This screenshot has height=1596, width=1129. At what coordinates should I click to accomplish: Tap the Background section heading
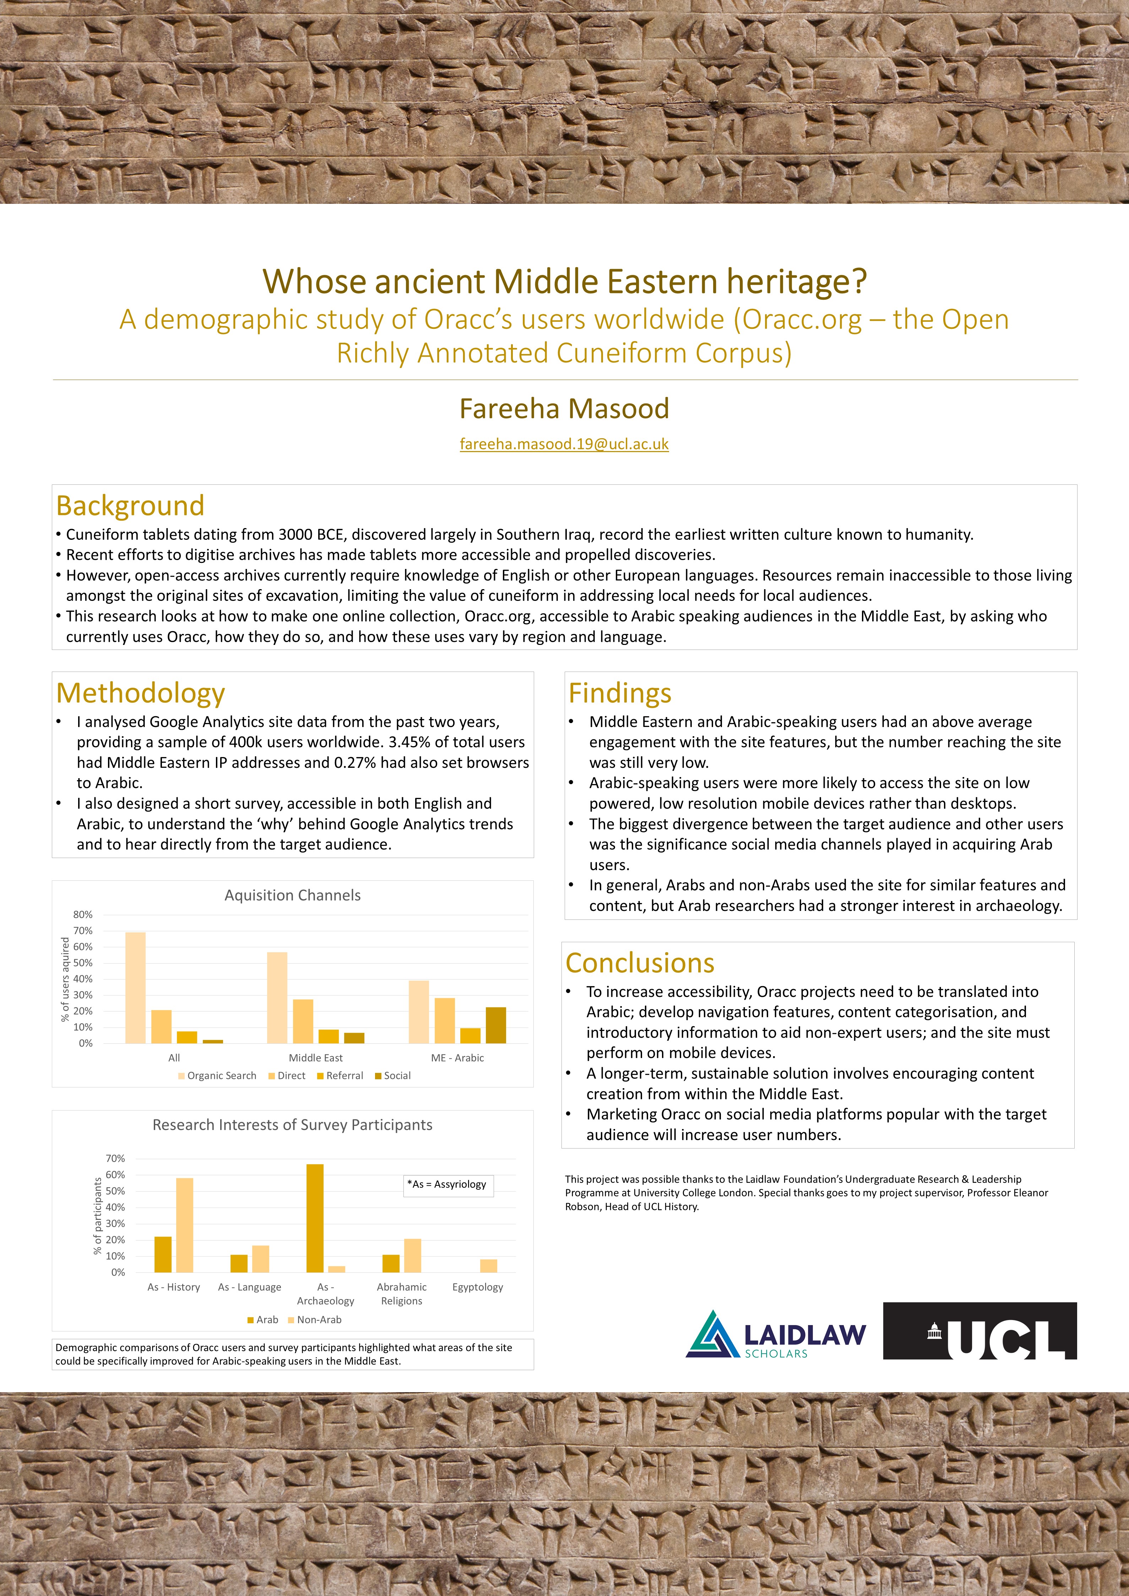pos(130,505)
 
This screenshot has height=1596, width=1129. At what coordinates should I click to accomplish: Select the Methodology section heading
pos(140,693)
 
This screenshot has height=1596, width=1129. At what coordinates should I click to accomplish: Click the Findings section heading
pos(619,693)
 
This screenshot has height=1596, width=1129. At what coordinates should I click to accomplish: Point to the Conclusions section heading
pos(640,963)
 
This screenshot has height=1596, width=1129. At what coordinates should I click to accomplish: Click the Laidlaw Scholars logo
pos(776,1334)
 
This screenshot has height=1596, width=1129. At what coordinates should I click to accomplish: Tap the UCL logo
pos(979,1331)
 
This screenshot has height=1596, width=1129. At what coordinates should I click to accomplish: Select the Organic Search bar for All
pos(136,988)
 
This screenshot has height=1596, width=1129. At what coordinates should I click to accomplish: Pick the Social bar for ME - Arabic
pos(496,1025)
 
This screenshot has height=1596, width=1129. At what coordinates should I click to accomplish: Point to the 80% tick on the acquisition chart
pos(83,915)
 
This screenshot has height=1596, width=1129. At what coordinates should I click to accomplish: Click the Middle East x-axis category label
pos(316,1058)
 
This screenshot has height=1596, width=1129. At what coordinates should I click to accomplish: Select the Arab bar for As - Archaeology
pos(315,1218)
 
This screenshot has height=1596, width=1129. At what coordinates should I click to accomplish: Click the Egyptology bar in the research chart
pos(489,1266)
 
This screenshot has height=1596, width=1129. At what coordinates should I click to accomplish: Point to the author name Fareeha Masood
pos(564,409)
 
